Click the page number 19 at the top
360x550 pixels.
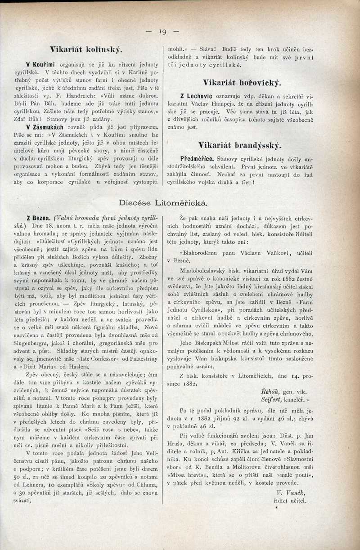tap(162, 31)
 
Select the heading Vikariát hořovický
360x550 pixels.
tap(242, 83)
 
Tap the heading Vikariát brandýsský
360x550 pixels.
tap(239, 145)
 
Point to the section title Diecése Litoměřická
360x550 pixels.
tap(163, 203)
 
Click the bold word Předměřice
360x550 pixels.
tap(198, 159)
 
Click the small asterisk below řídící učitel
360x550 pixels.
tap(277, 507)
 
